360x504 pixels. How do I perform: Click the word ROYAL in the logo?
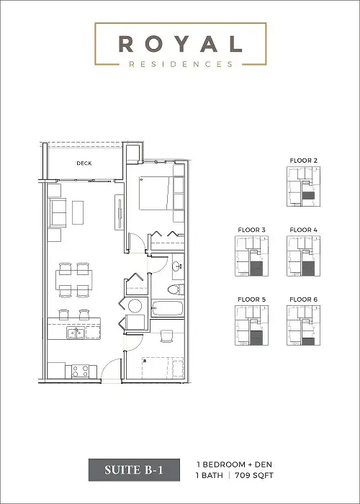click(x=180, y=44)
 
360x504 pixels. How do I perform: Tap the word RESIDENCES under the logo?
click(x=180, y=63)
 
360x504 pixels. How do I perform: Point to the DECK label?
click(x=84, y=163)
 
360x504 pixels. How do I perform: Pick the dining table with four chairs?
click(x=74, y=279)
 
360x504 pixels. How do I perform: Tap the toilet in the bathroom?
click(x=173, y=289)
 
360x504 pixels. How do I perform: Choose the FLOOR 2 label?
click(x=303, y=160)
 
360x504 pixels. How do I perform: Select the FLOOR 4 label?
click(x=303, y=230)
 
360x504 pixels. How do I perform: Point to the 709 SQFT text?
click(x=254, y=475)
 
